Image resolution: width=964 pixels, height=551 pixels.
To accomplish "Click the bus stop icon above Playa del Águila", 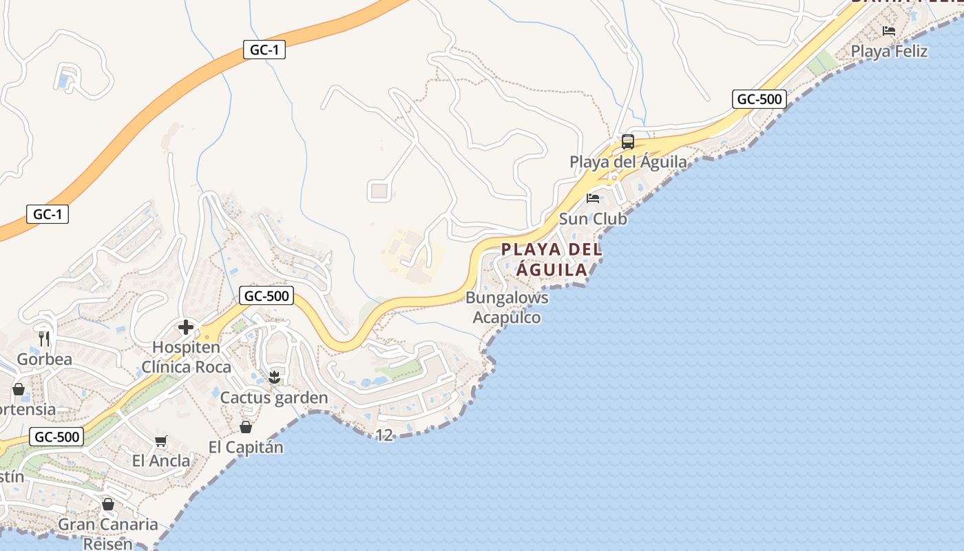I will [x=627, y=142].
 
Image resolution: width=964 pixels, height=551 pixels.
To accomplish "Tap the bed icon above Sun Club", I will [x=593, y=198].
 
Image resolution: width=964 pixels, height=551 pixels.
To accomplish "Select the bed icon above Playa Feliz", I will [x=889, y=31].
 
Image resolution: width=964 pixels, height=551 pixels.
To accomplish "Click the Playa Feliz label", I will [x=889, y=52].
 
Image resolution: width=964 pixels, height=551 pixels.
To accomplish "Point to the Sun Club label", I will [x=593, y=219].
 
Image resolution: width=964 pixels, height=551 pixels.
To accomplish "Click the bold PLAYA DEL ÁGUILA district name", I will [x=552, y=260].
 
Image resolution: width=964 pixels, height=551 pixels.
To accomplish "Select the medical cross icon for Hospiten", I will [x=185, y=327].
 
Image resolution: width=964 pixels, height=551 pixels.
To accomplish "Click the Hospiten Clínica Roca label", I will [x=186, y=357].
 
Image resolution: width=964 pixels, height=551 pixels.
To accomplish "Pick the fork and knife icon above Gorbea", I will [x=44, y=338].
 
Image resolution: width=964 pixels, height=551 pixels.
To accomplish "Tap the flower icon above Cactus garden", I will [x=274, y=377].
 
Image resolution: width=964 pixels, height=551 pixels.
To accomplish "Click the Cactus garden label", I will [x=274, y=398].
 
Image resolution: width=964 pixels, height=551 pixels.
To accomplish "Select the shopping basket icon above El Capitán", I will [x=246, y=427].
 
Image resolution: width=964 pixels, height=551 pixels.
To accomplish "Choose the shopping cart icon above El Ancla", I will [x=161, y=441].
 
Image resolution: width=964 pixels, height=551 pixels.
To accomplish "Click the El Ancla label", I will [x=161, y=461].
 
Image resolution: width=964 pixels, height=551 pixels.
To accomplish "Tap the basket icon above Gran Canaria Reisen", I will [x=107, y=504].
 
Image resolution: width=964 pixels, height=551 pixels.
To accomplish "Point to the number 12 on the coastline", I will [x=384, y=435].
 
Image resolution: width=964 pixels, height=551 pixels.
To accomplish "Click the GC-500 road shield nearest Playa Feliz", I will [x=759, y=99].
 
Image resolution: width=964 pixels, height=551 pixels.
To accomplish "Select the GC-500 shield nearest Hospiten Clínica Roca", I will [x=266, y=296].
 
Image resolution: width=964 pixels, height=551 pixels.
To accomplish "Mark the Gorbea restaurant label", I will [x=44, y=360].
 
